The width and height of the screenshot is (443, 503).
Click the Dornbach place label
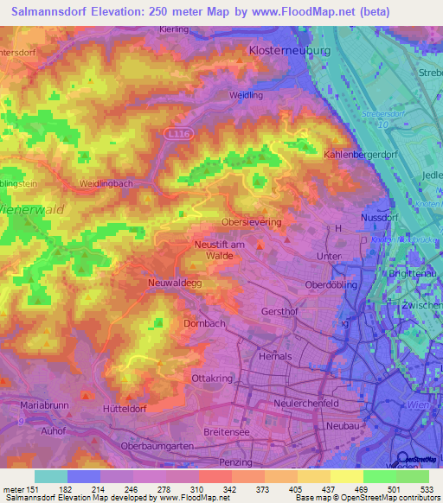(x=205, y=323)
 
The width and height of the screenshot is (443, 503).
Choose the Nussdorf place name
(x=378, y=219)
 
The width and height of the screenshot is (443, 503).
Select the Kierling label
(x=175, y=29)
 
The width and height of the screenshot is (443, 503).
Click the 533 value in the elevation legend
(x=427, y=489)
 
